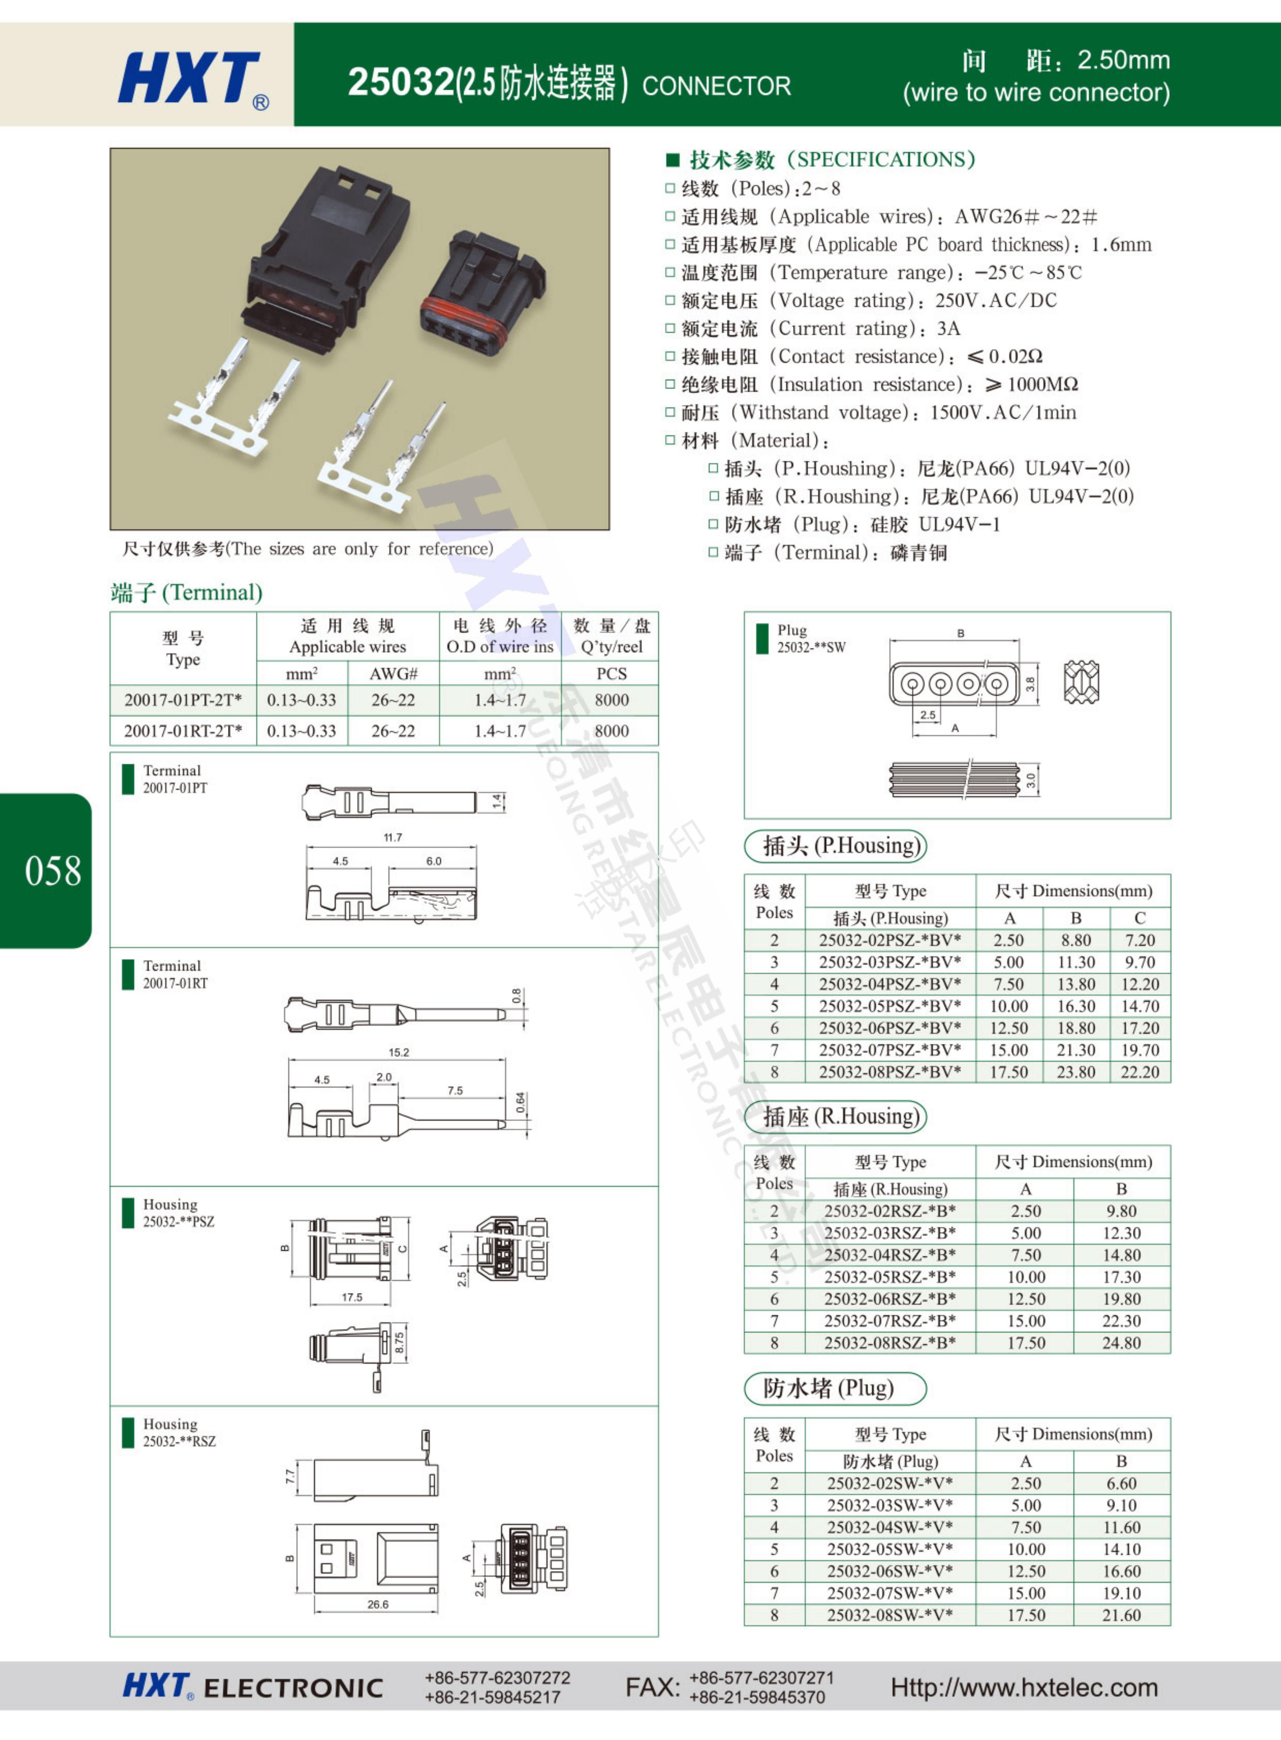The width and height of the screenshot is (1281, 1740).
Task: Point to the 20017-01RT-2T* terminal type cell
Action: tap(183, 731)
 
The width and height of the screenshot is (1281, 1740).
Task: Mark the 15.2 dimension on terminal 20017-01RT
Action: tap(399, 1053)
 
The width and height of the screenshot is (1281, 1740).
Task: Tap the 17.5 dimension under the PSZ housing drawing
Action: tap(352, 1297)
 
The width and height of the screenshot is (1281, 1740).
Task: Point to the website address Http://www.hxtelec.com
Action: tap(1024, 1687)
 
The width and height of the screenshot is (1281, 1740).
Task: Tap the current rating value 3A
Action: tap(948, 329)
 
